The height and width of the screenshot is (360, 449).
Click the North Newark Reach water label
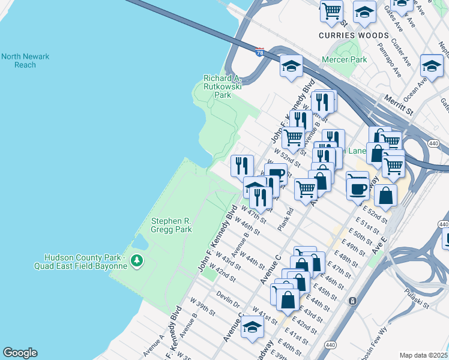(25, 61)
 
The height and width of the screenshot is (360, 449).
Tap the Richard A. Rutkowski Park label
(223, 86)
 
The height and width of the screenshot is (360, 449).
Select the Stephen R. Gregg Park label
(171, 225)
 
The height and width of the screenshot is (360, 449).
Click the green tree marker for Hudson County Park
(137, 260)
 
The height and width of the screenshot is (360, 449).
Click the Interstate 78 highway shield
(259, 53)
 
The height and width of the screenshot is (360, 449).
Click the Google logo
(20, 353)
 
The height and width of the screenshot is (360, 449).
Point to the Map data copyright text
(423, 355)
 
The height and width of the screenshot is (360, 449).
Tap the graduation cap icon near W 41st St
(253, 328)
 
